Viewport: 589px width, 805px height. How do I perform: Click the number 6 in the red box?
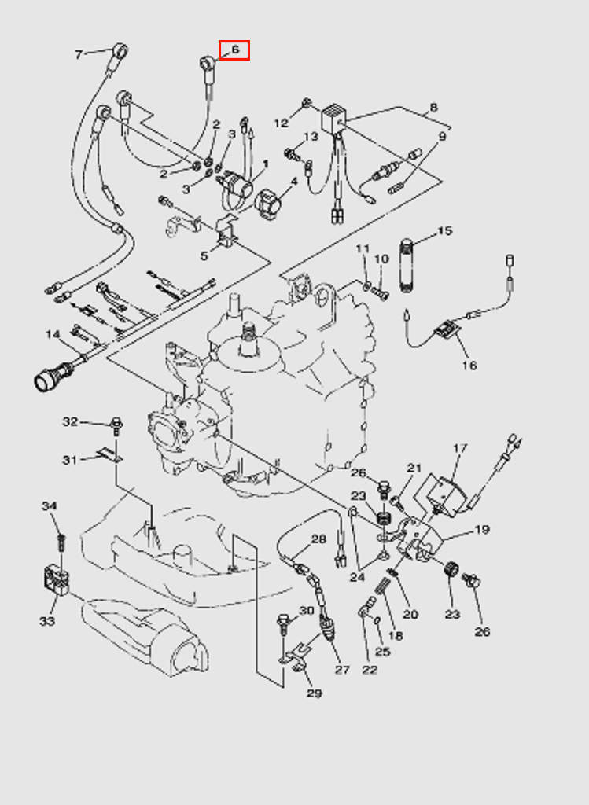[234, 50]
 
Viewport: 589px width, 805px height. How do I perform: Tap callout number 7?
[79, 54]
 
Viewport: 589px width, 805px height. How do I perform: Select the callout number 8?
[433, 108]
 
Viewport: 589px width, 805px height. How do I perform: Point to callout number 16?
[469, 366]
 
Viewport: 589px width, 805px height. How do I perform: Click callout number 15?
[445, 231]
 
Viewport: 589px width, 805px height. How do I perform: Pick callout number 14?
[53, 335]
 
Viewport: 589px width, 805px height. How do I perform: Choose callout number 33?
[47, 621]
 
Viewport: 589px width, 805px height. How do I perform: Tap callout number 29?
[314, 693]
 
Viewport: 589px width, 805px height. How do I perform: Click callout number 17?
[460, 449]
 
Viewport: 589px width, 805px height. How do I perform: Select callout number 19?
[481, 530]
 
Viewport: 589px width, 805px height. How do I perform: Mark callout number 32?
[70, 422]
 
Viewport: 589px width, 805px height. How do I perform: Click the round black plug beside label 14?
[48, 381]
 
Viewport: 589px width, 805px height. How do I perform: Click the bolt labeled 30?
[284, 626]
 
